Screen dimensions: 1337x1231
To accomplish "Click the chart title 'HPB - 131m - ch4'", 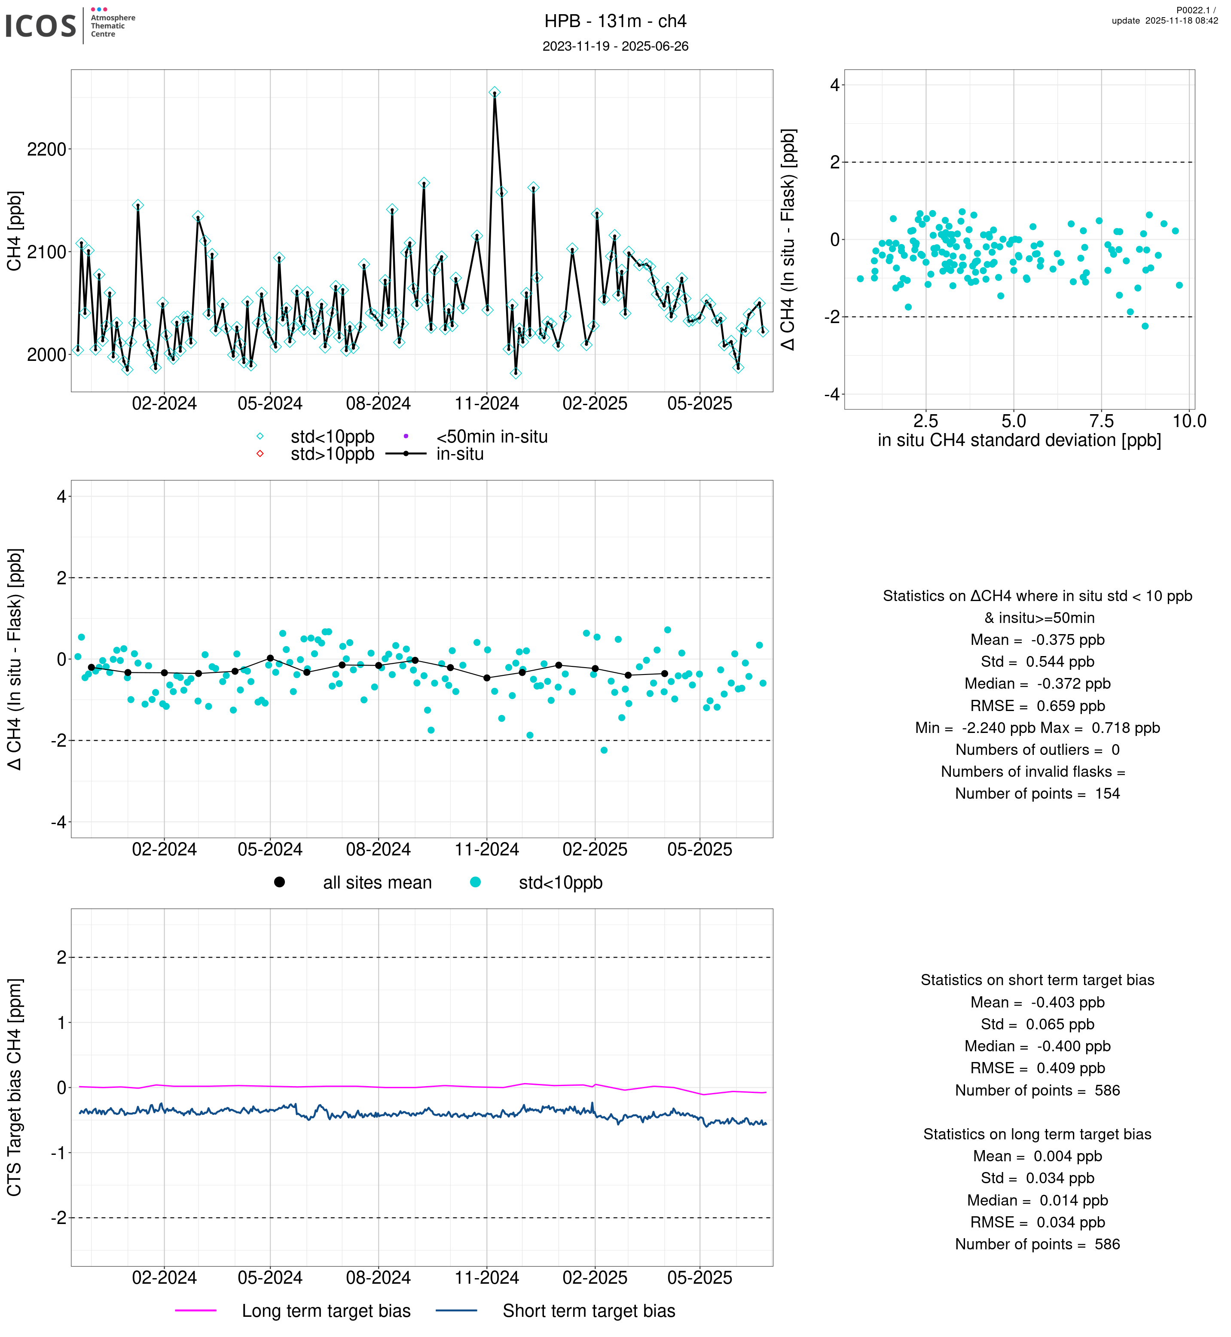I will pyautogui.click(x=615, y=21).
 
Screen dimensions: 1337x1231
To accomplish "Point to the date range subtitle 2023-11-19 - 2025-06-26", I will pyautogui.click(x=615, y=46).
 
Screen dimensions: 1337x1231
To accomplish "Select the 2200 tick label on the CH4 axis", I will pyautogui.click(x=47, y=149).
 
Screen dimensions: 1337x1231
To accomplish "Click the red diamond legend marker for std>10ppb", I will pyautogui.click(x=260, y=454).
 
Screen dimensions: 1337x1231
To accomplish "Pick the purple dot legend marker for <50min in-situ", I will pyautogui.click(x=406, y=437).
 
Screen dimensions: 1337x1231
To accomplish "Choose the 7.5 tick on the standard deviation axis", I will pyautogui.click(x=1101, y=421).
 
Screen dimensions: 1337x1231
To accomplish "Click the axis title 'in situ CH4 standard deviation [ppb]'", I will pyautogui.click(x=1019, y=440).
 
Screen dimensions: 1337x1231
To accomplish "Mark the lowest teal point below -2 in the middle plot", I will pyautogui.click(x=604, y=750).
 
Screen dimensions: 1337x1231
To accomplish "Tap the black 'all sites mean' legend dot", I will pyautogui.click(x=280, y=882).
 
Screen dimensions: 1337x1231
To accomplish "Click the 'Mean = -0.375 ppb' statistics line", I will pyautogui.click(x=1037, y=640).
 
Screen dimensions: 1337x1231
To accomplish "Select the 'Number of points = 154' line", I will pyautogui.click(x=1037, y=794).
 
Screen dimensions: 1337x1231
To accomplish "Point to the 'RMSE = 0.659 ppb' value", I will pyautogui.click(x=1037, y=705).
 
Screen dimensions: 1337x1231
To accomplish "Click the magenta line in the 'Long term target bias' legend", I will pyautogui.click(x=196, y=1310).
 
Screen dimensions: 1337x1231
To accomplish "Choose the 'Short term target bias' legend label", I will pyautogui.click(x=589, y=1310).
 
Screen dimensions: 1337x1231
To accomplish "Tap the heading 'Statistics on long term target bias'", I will pyautogui.click(x=1037, y=1134).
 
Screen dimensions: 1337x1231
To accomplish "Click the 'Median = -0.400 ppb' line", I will pyautogui.click(x=1037, y=1046).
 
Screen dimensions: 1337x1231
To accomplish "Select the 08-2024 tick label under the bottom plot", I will pyautogui.click(x=379, y=1278).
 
